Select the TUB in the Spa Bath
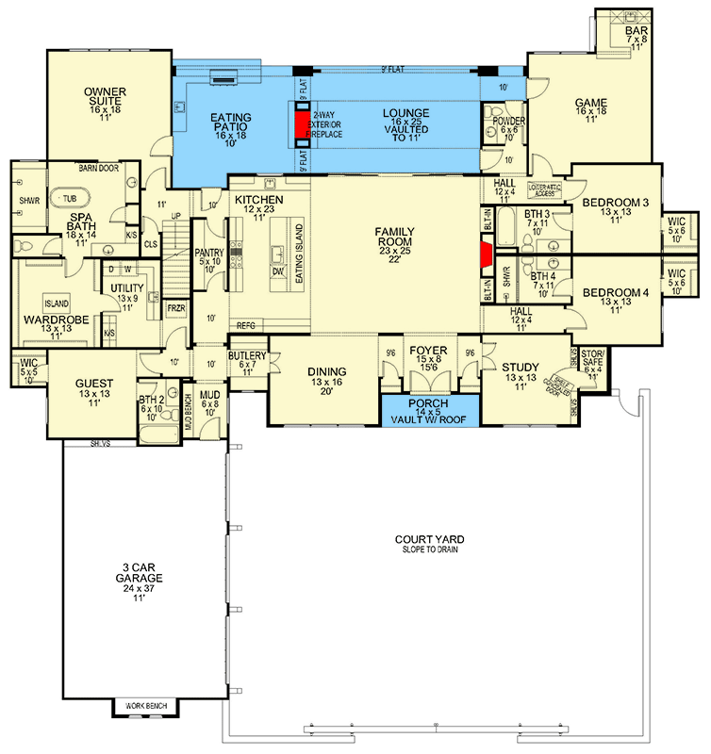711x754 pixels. tap(71, 199)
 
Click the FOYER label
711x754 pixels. tap(429, 351)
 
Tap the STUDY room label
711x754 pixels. tap(520, 368)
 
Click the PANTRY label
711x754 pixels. tap(209, 254)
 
